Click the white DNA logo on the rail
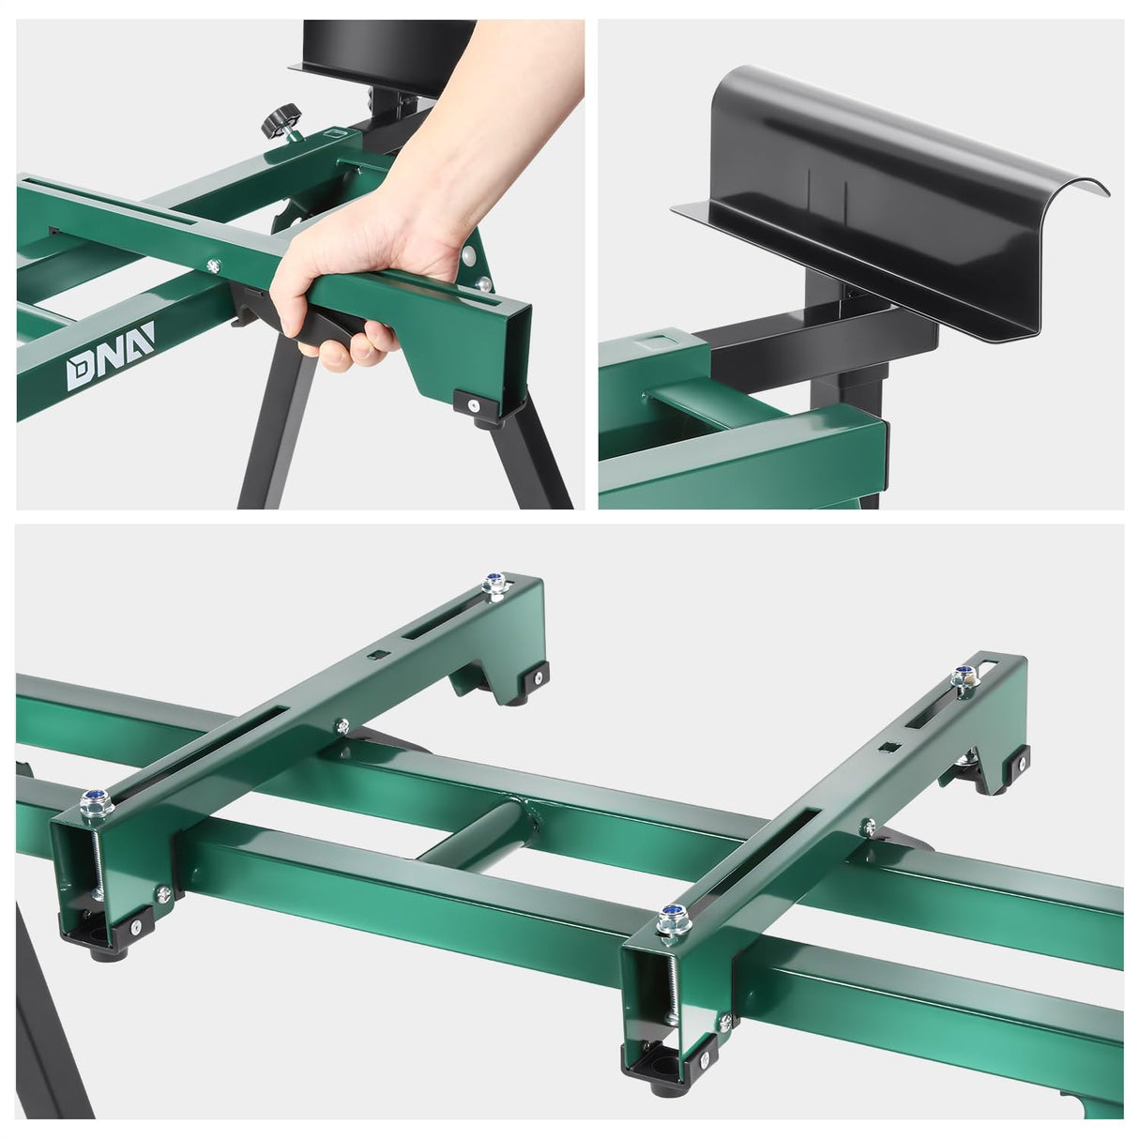click(110, 370)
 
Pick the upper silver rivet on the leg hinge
click(467, 256)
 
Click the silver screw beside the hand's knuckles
click(214, 266)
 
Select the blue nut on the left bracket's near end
click(95, 799)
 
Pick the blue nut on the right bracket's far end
click(961, 676)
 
